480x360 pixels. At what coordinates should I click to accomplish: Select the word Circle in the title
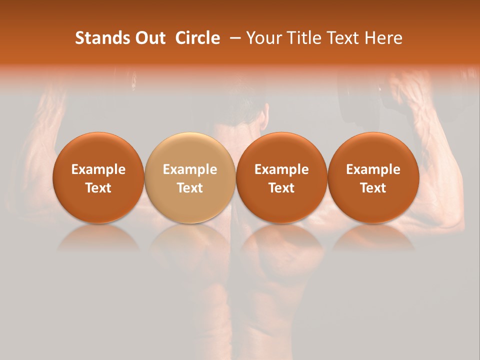coord(197,38)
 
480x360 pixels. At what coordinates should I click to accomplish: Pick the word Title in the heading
coord(301,38)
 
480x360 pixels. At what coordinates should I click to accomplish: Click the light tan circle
coord(190,177)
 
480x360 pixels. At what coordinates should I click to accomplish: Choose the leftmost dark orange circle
coord(98,177)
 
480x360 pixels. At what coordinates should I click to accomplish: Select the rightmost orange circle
coord(373,177)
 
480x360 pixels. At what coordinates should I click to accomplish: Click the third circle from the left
coord(281,177)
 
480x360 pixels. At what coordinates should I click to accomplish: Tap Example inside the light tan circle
coord(190,169)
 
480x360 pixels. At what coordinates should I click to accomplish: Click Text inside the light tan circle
coord(190,187)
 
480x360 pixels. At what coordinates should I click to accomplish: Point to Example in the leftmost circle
coord(98,169)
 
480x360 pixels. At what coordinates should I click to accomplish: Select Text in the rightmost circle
coord(373,187)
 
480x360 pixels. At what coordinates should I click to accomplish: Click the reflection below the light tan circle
coord(190,237)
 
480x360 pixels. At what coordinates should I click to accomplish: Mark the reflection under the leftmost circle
coord(98,237)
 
